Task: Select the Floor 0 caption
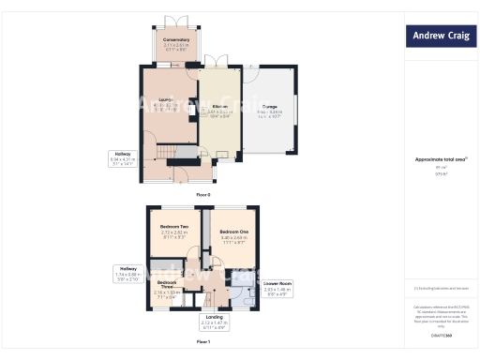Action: [203, 194]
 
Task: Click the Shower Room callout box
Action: [278, 288]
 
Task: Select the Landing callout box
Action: [214, 322]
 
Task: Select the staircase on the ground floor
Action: [166, 153]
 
